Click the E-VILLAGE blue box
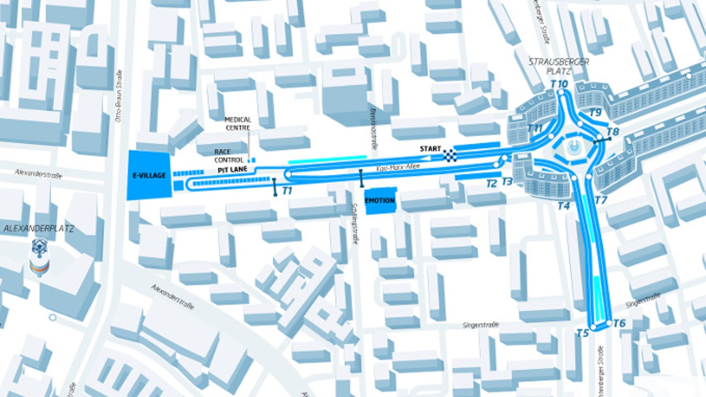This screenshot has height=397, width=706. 148,176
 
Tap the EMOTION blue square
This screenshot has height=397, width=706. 380,201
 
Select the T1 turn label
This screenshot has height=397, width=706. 288,191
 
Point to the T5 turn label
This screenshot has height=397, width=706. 583,333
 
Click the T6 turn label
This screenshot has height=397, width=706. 619,323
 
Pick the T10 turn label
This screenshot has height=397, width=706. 559,84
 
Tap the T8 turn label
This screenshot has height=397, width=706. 613,131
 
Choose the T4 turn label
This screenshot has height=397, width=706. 564,206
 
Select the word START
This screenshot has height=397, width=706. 430,148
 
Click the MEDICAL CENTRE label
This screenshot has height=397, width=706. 238,123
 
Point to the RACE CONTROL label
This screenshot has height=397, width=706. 229,155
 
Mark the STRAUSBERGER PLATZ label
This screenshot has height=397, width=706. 558,66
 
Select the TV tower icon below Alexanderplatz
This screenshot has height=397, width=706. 40,256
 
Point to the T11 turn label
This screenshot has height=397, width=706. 535,128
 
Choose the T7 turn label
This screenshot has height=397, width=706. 601,200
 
